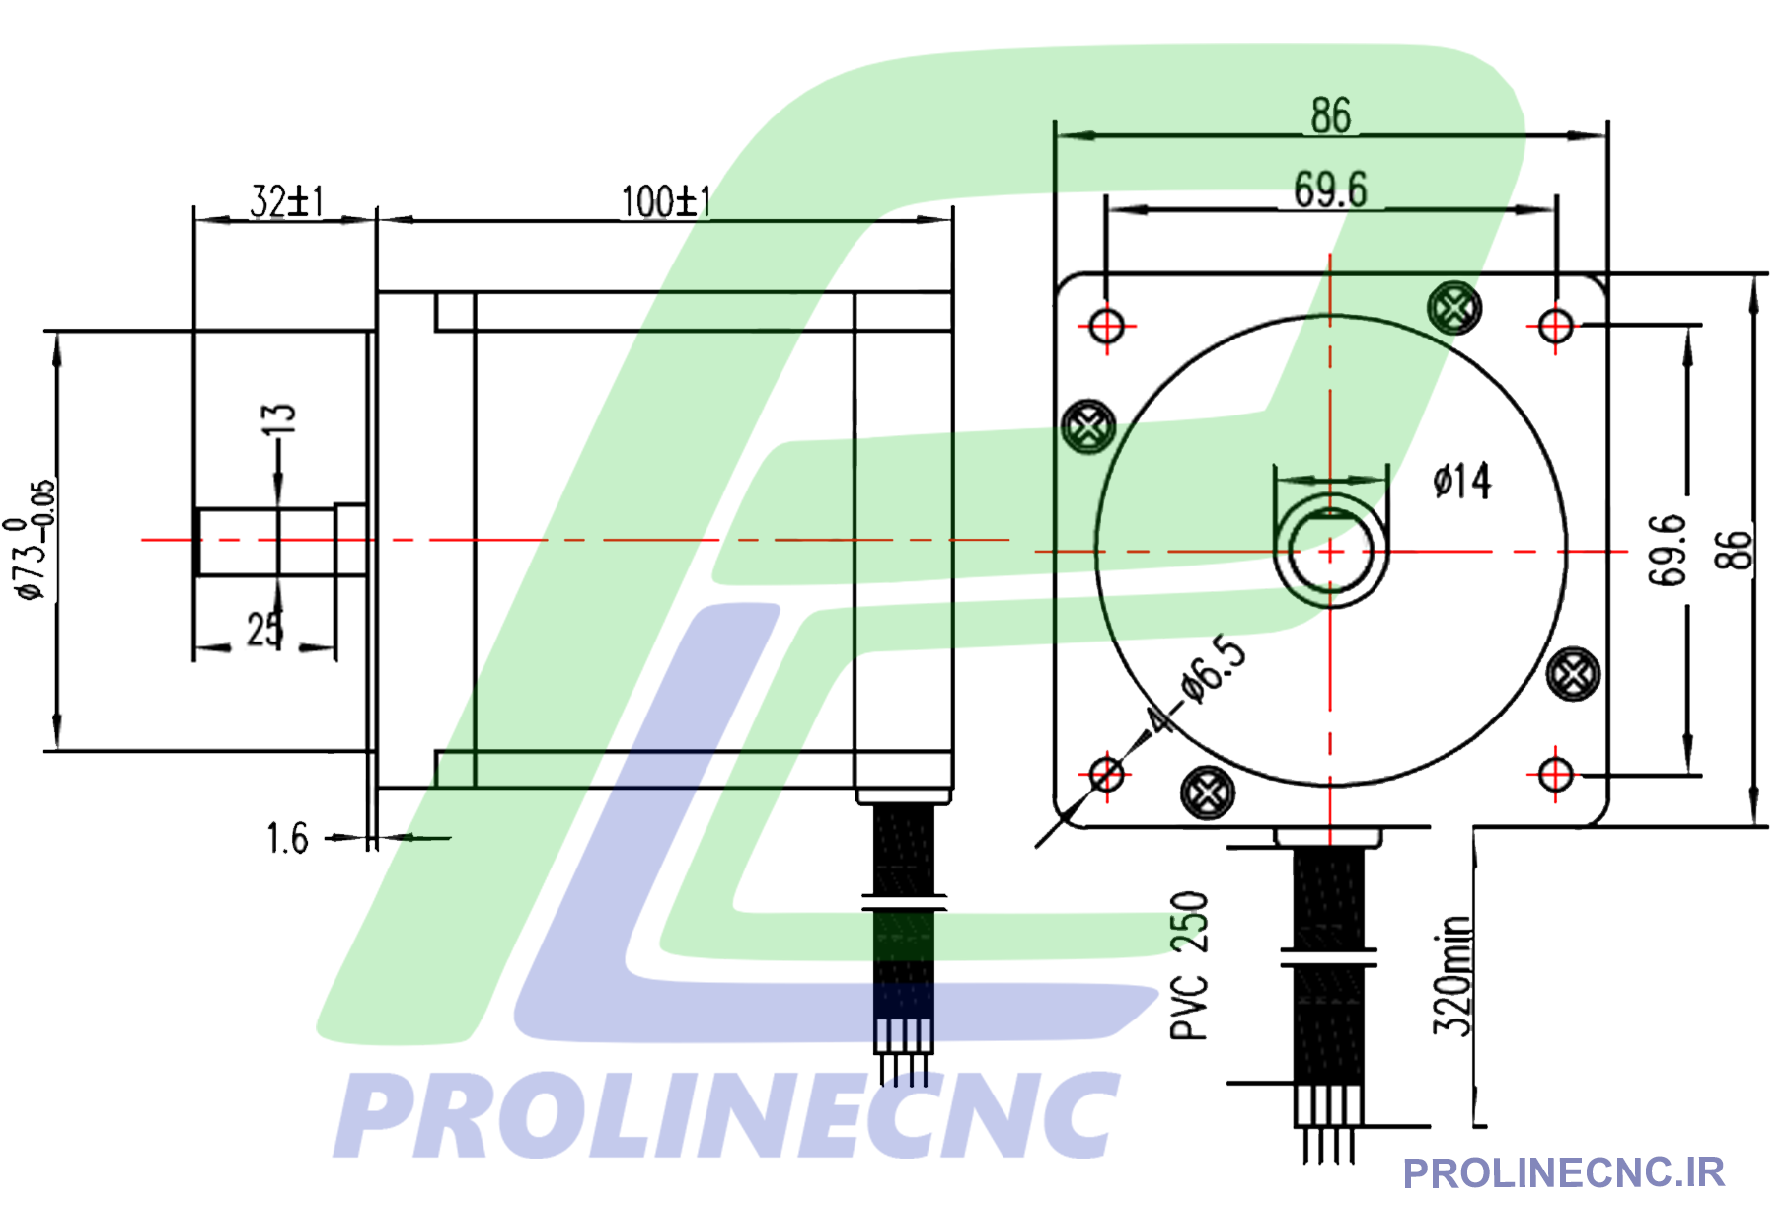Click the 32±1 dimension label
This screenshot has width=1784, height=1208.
286,201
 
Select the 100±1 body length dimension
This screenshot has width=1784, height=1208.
666,201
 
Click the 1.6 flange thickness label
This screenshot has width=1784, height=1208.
287,839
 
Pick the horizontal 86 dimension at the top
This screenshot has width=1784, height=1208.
1330,115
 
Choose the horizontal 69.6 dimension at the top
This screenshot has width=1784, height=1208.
1330,189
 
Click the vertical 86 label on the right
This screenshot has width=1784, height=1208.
1734,550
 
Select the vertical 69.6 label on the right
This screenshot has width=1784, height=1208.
1668,550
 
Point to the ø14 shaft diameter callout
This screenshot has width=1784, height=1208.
1462,482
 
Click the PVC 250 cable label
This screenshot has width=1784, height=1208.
1189,965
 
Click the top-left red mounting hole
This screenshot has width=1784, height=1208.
1106,325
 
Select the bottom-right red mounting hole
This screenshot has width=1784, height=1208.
1555,774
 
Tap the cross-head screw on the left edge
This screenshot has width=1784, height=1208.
1088,427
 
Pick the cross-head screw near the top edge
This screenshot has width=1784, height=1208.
1454,308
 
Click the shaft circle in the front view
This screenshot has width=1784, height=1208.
1330,551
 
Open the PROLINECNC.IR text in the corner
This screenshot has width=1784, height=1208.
1563,1173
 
